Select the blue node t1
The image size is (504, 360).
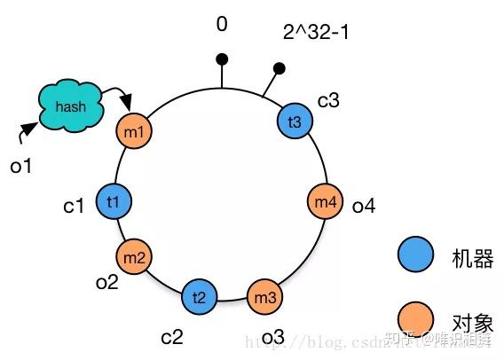114,201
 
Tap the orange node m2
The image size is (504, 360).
134,257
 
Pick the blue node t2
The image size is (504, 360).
199,297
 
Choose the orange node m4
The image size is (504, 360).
325,202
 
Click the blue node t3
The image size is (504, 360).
295,121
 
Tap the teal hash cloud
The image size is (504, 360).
70,107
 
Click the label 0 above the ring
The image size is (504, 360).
222,24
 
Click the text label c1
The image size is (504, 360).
74,206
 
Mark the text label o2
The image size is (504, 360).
107,282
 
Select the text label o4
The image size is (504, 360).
364,207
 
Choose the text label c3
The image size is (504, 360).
328,100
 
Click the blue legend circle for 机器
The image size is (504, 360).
415,257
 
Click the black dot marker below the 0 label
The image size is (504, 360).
222,59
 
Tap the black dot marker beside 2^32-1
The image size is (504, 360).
279,67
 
